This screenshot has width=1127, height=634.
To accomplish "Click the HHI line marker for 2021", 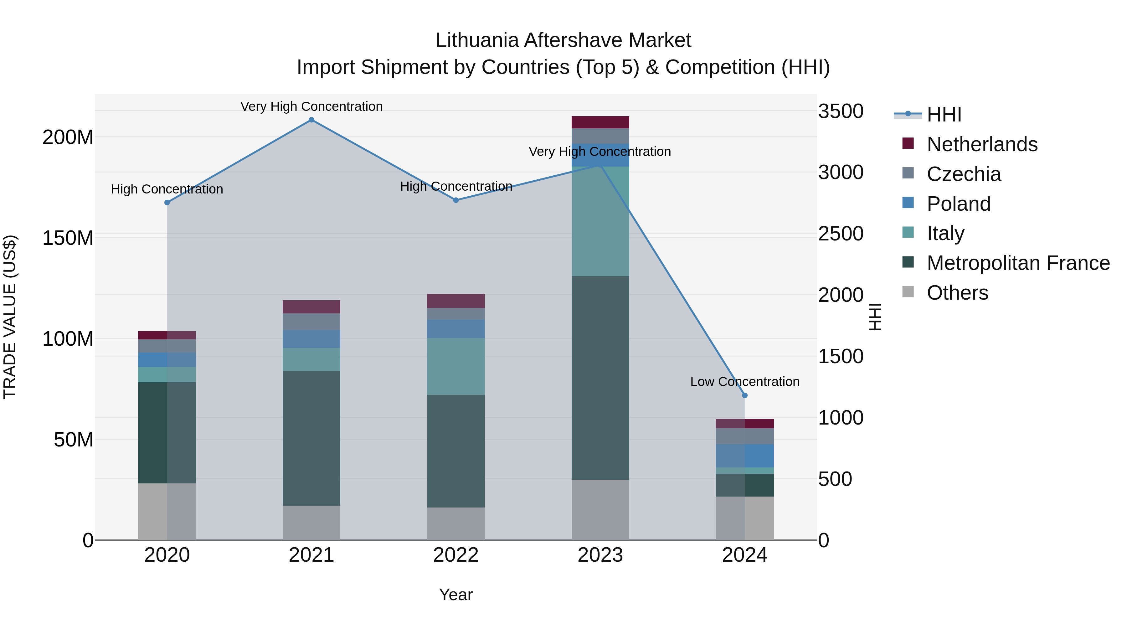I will tap(311, 120).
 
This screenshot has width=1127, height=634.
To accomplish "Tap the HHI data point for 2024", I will tap(745, 395).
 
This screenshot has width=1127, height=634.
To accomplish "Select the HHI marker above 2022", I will tap(456, 200).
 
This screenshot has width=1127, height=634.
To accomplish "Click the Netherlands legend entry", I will tap(982, 144).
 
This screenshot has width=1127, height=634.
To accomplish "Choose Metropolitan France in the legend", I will tap(1018, 263).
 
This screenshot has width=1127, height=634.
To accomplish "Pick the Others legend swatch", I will tap(908, 292).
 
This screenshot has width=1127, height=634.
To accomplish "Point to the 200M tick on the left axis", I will tap(68, 137).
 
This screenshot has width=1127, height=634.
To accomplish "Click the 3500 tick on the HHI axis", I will tap(841, 111).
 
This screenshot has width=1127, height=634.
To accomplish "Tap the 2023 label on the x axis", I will tap(600, 555).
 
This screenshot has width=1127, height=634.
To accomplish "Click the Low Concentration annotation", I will tap(745, 382).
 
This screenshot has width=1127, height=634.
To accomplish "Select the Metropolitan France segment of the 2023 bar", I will tap(600, 378).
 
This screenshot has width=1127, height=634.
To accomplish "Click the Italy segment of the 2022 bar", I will tap(456, 366).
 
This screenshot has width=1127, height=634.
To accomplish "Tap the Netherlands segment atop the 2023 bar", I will tap(600, 122).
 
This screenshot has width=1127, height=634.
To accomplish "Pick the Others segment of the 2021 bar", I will tap(311, 523).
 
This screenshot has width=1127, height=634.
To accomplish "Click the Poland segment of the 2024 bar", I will tap(745, 456).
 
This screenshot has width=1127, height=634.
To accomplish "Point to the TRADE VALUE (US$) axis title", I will tap(10, 317).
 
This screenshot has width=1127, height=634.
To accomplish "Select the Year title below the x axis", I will tap(456, 595).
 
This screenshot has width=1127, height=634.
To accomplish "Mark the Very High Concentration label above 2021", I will tap(311, 106).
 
